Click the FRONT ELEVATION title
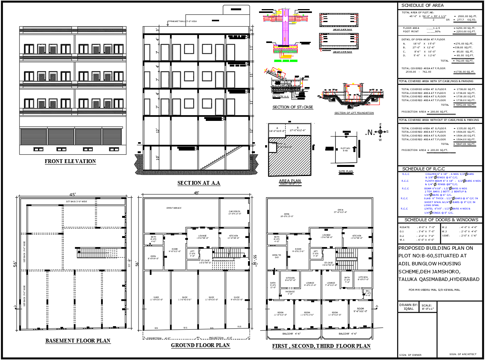tap(70, 161)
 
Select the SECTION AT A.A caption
tap(199, 183)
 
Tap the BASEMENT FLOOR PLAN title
tap(78, 341)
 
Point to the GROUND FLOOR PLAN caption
tap(200, 345)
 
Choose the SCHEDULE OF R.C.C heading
tap(423, 169)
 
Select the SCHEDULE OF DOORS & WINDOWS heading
tap(441, 220)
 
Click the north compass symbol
tap(380, 132)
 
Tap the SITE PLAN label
tap(346, 171)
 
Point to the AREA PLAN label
tap(290, 181)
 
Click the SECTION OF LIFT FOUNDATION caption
tap(354, 113)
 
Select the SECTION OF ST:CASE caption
tap(293, 107)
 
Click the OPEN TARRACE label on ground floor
tap(174, 208)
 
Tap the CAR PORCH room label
tap(234, 212)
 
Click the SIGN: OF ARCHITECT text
tap(462, 355)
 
